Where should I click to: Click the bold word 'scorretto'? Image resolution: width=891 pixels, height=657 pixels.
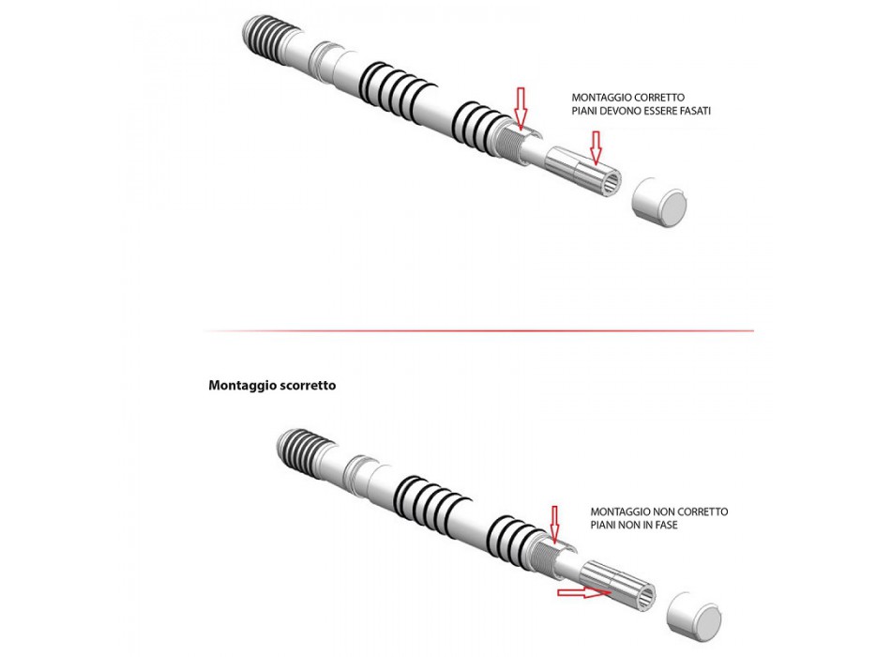(x=306, y=386)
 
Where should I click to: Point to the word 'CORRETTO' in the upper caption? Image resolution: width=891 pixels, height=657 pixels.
(x=658, y=98)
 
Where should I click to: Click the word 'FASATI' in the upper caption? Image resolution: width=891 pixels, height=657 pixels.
(x=695, y=111)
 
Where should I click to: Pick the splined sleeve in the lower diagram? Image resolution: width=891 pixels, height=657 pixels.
(x=617, y=586)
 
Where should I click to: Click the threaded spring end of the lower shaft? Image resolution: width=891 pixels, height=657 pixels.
(x=306, y=450)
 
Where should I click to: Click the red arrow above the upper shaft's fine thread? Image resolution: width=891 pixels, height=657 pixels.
(x=521, y=107)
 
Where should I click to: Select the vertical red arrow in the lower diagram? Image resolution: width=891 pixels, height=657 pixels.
(x=554, y=524)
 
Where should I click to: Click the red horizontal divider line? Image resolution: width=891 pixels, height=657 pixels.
(x=479, y=330)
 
